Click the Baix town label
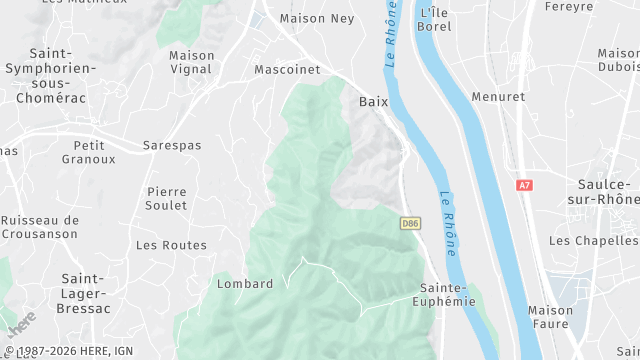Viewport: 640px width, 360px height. pyautogui.click(x=373, y=102)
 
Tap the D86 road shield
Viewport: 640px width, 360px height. pyautogui.click(x=409, y=222)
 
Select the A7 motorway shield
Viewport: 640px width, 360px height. pyautogui.click(x=524, y=185)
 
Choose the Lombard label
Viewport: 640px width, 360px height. pyautogui.click(x=245, y=284)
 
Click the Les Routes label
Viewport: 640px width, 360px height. pyautogui.click(x=171, y=245)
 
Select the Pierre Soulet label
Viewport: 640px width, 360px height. pyautogui.click(x=166, y=198)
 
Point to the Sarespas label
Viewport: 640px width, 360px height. pyautogui.click(x=171, y=145)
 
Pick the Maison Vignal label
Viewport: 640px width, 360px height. pyautogui.click(x=191, y=62)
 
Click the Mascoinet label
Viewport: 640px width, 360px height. pyautogui.click(x=287, y=70)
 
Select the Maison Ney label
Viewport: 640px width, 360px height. pyautogui.click(x=316, y=18)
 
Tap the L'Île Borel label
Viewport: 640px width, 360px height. pyautogui.click(x=435, y=19)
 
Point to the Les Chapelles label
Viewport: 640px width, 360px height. pyautogui.click(x=593, y=241)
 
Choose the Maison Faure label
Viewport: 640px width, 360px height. pyautogui.click(x=550, y=317)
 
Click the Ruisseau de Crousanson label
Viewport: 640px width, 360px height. pyautogui.click(x=40, y=227)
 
